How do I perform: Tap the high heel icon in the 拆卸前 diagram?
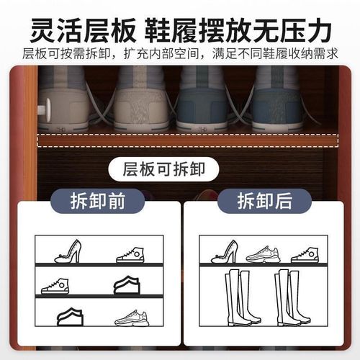click(69, 252)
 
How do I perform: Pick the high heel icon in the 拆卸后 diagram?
click(225, 252)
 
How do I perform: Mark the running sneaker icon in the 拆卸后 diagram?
click(262, 254)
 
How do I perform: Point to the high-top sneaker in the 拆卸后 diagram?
click(305, 254)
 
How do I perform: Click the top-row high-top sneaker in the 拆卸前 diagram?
click(130, 255)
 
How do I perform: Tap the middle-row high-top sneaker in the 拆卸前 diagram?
click(55, 286)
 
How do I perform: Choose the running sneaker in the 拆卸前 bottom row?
click(132, 318)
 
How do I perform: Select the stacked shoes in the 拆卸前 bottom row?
click(70, 316)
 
